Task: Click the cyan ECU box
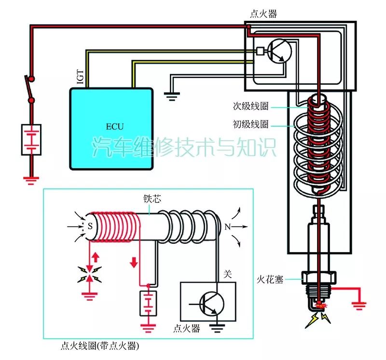[x=111, y=128]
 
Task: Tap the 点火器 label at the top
[x=263, y=13]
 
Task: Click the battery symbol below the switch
[x=31, y=140]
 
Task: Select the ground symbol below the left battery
[x=31, y=180]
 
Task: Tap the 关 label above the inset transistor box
[x=228, y=274]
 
